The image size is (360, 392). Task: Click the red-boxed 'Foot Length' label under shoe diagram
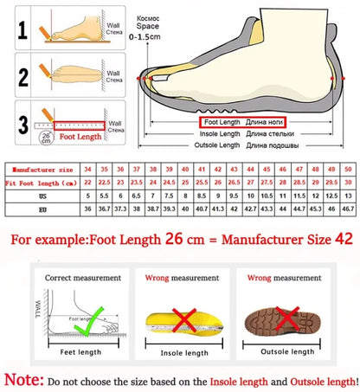pos(217,123)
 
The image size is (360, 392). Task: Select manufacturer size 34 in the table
pos(87,168)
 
